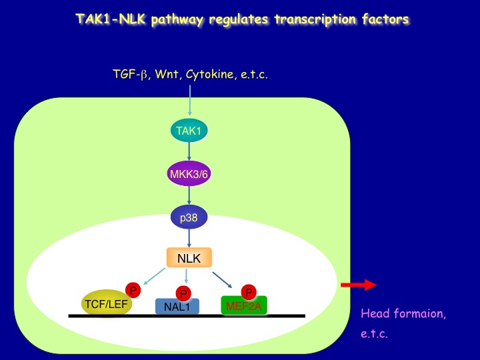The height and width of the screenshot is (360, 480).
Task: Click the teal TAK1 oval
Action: [189, 131]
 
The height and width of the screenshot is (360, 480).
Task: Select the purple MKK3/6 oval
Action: [189, 174]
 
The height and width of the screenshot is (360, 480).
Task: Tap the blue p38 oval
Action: [189, 217]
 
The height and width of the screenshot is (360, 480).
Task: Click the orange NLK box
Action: [189, 257]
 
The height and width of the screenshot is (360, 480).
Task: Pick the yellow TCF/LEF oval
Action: [107, 303]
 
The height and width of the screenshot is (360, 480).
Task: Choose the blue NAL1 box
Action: [177, 306]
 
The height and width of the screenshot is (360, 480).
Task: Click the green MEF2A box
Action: [244, 305]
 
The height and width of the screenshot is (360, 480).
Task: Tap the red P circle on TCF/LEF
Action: [133, 290]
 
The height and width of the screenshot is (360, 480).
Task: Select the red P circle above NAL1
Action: [183, 294]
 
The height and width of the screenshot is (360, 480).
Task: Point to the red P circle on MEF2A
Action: [249, 292]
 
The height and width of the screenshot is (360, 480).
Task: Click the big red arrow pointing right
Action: [359, 285]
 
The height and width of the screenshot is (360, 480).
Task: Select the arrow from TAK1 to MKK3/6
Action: [189, 151]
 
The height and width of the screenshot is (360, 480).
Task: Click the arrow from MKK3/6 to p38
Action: [189, 195]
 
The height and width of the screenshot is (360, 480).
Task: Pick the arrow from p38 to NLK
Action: [189, 238]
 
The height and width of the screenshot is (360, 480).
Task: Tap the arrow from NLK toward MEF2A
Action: [222, 280]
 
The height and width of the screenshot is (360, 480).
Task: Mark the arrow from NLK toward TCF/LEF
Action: [154, 277]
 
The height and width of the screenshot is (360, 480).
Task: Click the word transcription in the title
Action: [315, 19]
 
